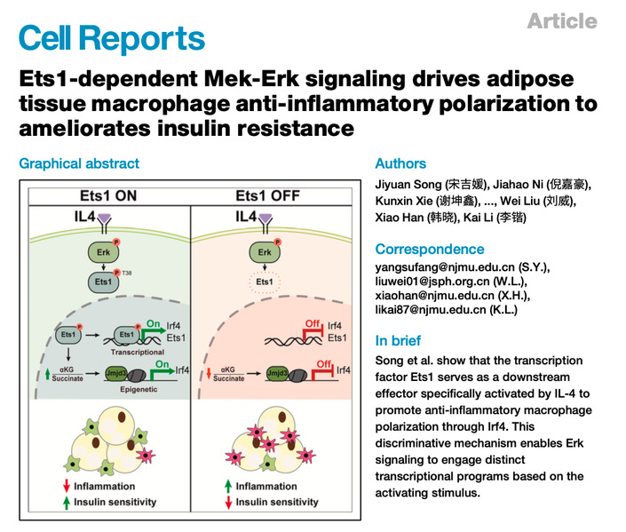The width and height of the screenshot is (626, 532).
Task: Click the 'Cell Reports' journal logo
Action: (x=112, y=37)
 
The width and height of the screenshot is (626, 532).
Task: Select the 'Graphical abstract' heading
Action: (x=79, y=163)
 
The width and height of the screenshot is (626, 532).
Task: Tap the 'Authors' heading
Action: (x=400, y=163)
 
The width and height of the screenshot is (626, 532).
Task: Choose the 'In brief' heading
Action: (x=398, y=340)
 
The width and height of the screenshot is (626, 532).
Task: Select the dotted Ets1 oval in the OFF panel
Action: (x=264, y=282)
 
